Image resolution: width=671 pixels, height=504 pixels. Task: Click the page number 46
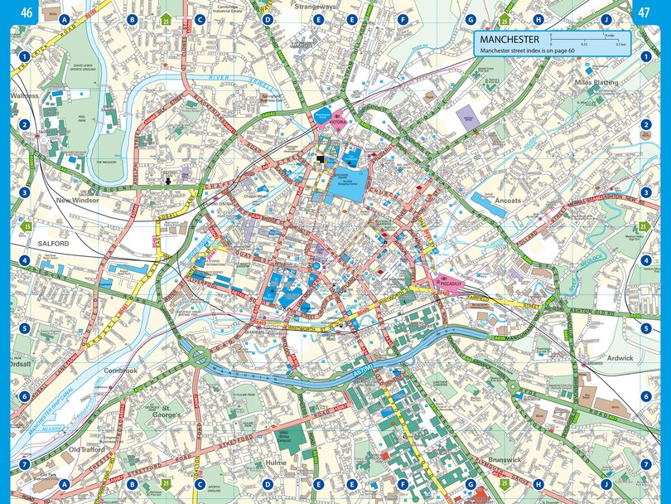coord(27,12)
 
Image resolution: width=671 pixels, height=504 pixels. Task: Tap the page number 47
coord(643,12)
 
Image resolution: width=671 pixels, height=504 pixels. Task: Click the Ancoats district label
coord(507,201)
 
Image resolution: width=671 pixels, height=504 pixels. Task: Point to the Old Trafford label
coord(85,449)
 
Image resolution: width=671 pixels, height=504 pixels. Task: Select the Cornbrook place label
coord(121,371)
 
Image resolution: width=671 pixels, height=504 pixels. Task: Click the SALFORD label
coord(54,244)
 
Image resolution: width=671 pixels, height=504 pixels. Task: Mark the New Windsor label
coord(77,201)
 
